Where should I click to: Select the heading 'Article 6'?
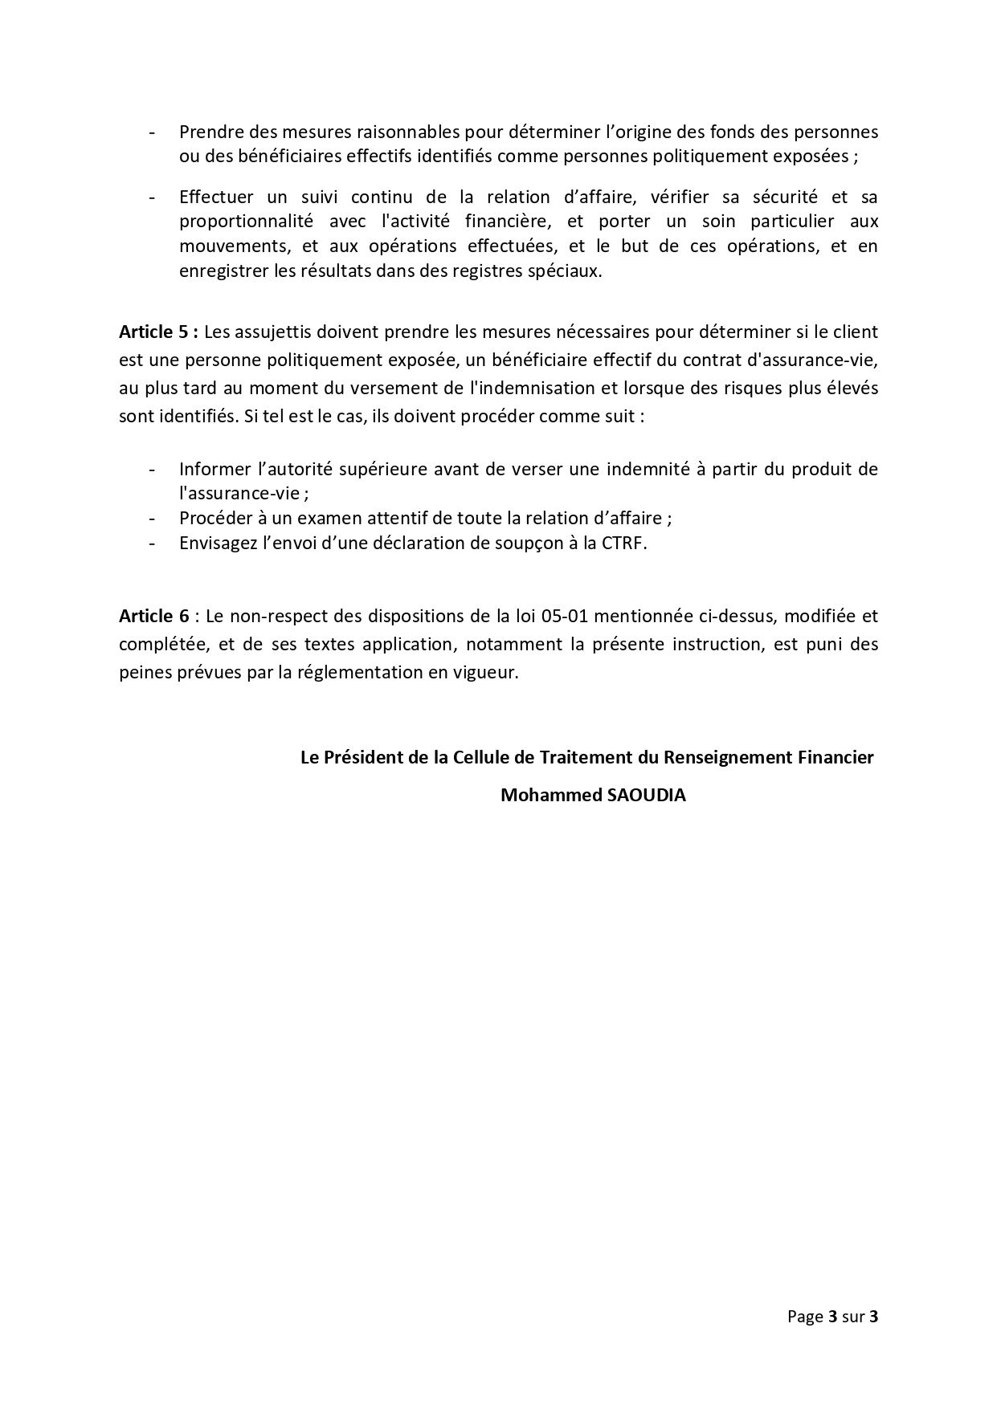tap(154, 616)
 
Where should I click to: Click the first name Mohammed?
tap(544, 795)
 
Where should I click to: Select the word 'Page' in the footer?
tap(805, 1317)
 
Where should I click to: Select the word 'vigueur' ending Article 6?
tap(489, 672)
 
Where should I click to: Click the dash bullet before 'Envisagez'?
tap(152, 543)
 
